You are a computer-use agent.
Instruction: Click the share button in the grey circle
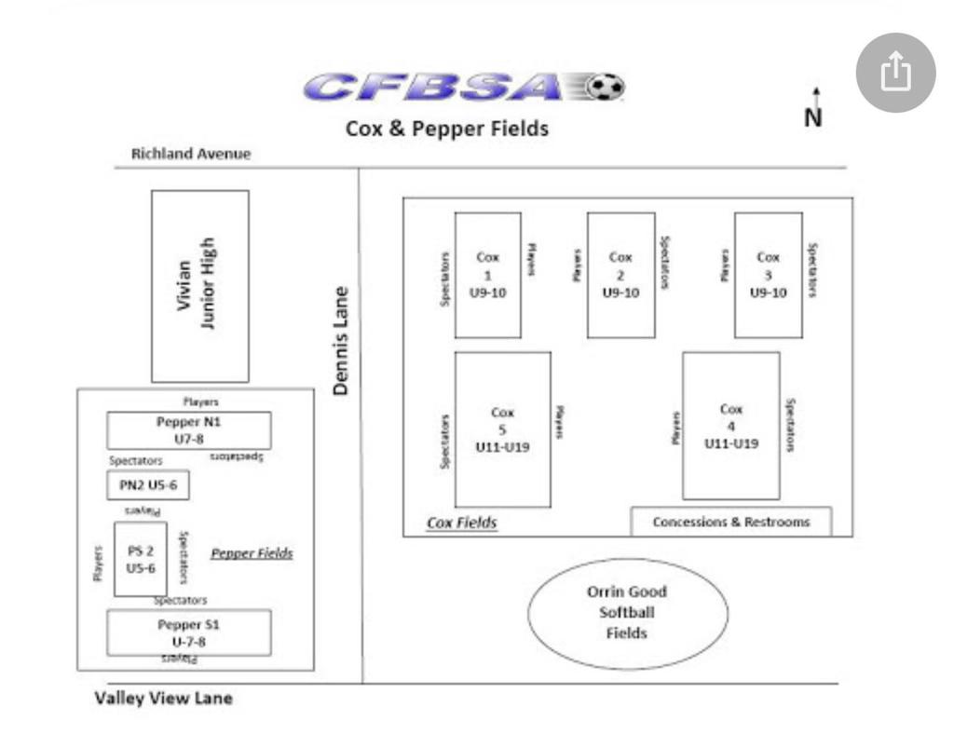895,72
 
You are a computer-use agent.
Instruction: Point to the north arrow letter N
814,118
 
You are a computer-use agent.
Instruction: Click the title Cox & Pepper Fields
447,129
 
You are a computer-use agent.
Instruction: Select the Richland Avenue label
191,154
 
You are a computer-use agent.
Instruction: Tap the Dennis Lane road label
342,340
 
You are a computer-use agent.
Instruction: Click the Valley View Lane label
163,698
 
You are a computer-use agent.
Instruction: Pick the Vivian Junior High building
200,286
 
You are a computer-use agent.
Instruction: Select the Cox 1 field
487,275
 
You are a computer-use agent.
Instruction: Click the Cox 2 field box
620,275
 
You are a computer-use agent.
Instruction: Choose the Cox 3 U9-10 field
768,275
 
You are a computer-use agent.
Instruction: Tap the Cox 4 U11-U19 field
731,426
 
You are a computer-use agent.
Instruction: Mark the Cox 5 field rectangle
502,429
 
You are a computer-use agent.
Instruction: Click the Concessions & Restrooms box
731,522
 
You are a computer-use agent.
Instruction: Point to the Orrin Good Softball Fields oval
627,613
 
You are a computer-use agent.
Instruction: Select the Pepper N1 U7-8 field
189,430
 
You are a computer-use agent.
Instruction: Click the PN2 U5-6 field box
148,485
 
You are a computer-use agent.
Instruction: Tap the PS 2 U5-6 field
141,559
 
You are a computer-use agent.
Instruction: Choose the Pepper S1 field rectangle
189,632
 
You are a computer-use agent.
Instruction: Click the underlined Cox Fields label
462,523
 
